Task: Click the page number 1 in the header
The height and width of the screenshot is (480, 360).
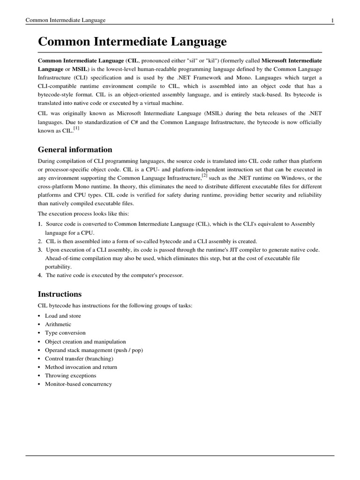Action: click(332, 20)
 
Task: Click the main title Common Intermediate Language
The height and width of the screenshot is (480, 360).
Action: click(132, 42)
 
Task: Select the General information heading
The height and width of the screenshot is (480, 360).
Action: click(75, 150)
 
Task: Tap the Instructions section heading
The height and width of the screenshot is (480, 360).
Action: click(60, 294)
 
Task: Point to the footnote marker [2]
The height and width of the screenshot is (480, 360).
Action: click(204, 175)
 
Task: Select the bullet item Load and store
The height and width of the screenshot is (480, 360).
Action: click(63, 316)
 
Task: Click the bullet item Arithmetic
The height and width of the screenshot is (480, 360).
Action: click(58, 324)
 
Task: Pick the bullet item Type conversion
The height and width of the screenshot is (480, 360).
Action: click(65, 333)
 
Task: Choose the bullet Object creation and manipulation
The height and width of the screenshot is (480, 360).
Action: click(85, 342)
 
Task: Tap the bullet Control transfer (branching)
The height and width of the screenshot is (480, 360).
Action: click(79, 359)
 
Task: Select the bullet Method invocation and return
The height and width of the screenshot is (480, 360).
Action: click(81, 367)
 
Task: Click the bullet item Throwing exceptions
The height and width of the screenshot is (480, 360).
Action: click(70, 375)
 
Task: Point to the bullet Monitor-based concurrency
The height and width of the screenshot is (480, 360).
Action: click(78, 384)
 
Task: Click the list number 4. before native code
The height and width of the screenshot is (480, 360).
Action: click(40, 275)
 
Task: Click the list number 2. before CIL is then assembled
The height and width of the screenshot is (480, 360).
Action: click(40, 241)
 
